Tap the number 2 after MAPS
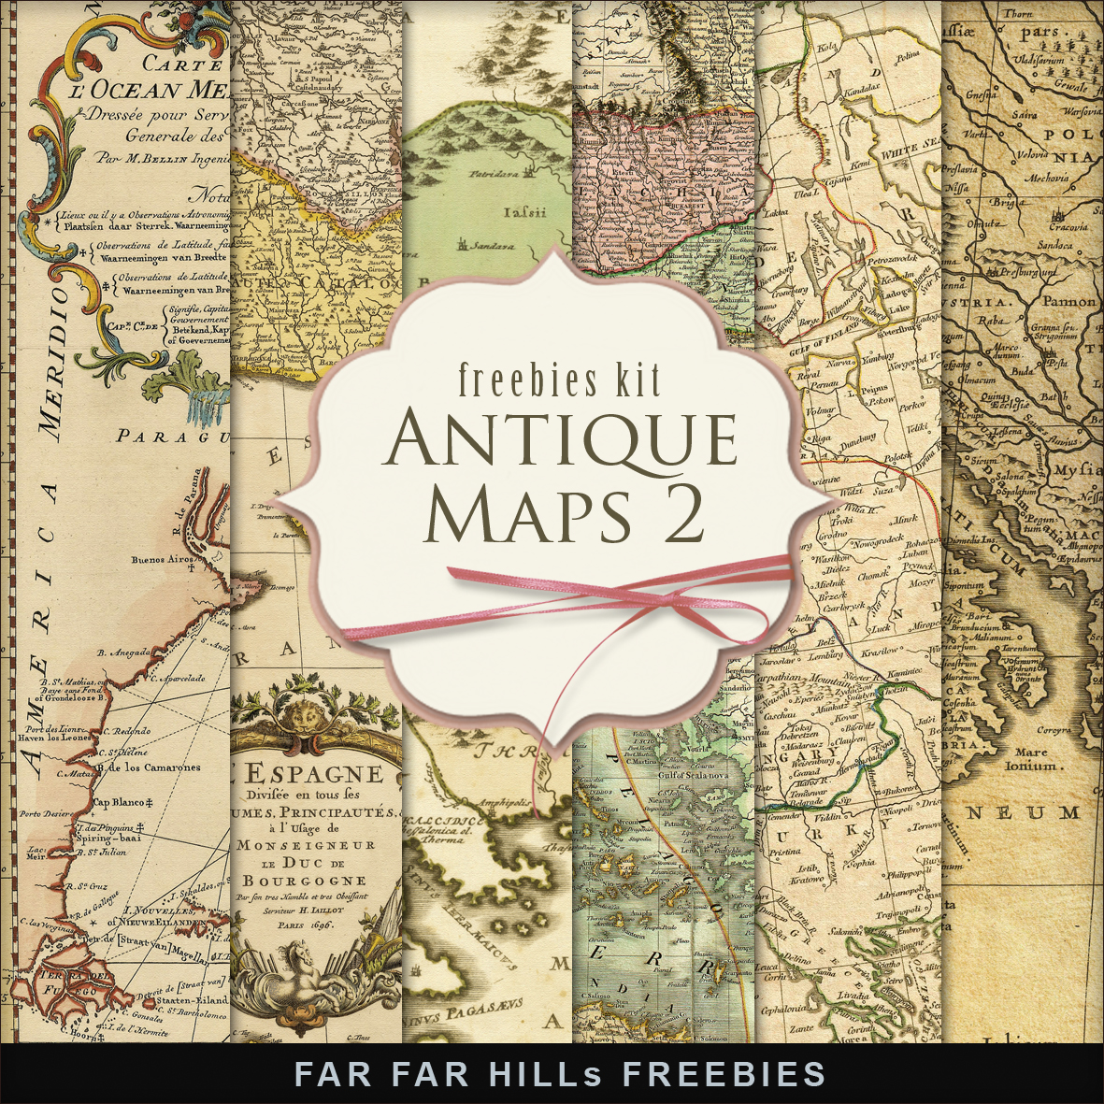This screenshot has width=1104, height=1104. (682, 516)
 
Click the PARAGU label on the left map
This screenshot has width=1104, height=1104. (174, 436)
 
